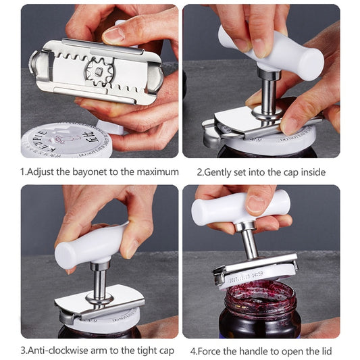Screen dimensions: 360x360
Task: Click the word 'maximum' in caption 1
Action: tap(157, 172)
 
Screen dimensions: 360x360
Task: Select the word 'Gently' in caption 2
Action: tap(222, 172)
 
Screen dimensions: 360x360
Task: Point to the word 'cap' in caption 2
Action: tap(293, 172)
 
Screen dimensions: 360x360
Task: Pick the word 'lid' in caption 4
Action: tap(324, 351)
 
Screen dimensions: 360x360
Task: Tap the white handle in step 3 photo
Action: tap(88, 246)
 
